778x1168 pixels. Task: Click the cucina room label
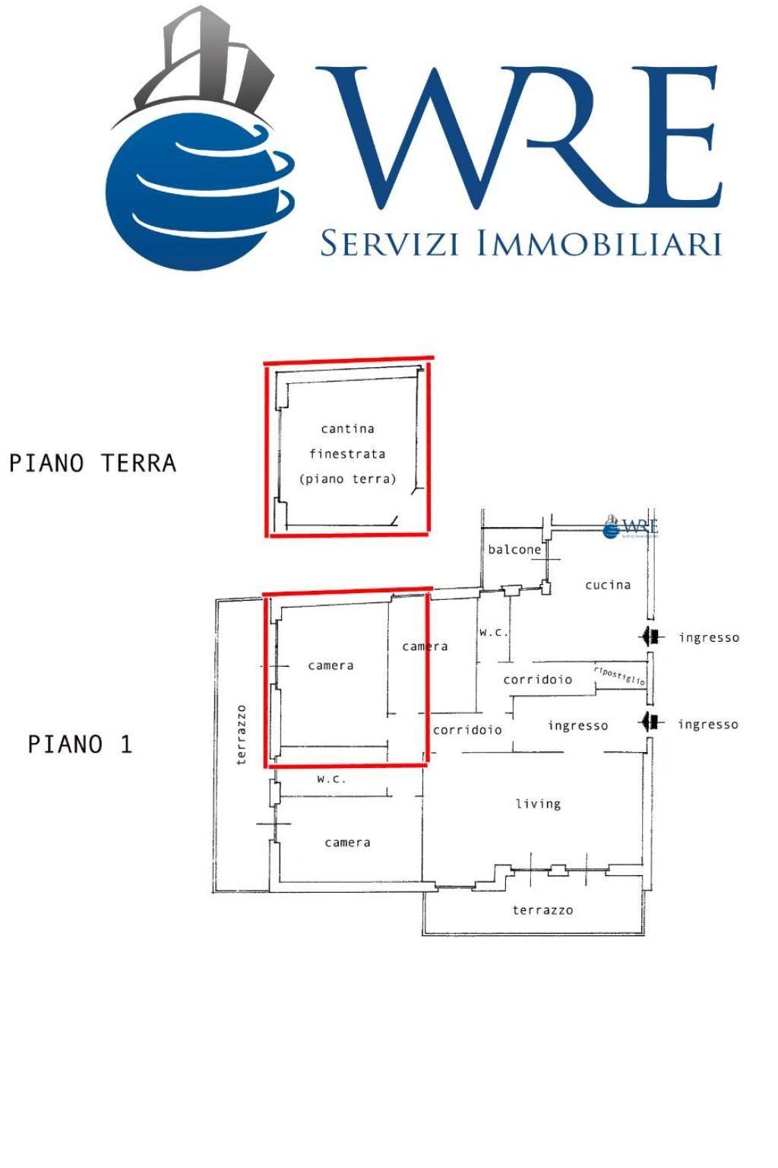click(x=608, y=585)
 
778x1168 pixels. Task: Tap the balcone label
click(x=514, y=550)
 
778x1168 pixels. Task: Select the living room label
click(x=539, y=804)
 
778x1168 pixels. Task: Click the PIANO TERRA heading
click(x=93, y=463)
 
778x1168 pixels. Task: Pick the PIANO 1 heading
click(x=80, y=744)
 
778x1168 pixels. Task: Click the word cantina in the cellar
click(x=347, y=429)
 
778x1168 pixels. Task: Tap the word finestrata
click(x=347, y=454)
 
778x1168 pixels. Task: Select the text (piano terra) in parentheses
click(x=347, y=479)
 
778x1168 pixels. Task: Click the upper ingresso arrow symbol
click(x=651, y=636)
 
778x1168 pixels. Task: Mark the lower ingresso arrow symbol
click(x=651, y=722)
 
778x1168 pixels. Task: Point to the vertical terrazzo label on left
click(x=242, y=735)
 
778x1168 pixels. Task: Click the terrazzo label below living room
click(x=543, y=910)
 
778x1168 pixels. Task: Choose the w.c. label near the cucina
click(x=493, y=633)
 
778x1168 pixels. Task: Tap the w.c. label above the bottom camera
click(x=331, y=779)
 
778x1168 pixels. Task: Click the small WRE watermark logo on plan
click(x=630, y=527)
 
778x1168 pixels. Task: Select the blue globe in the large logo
click(x=201, y=192)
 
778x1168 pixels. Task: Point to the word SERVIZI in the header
click(x=390, y=243)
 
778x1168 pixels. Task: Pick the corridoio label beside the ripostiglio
click(x=538, y=680)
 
